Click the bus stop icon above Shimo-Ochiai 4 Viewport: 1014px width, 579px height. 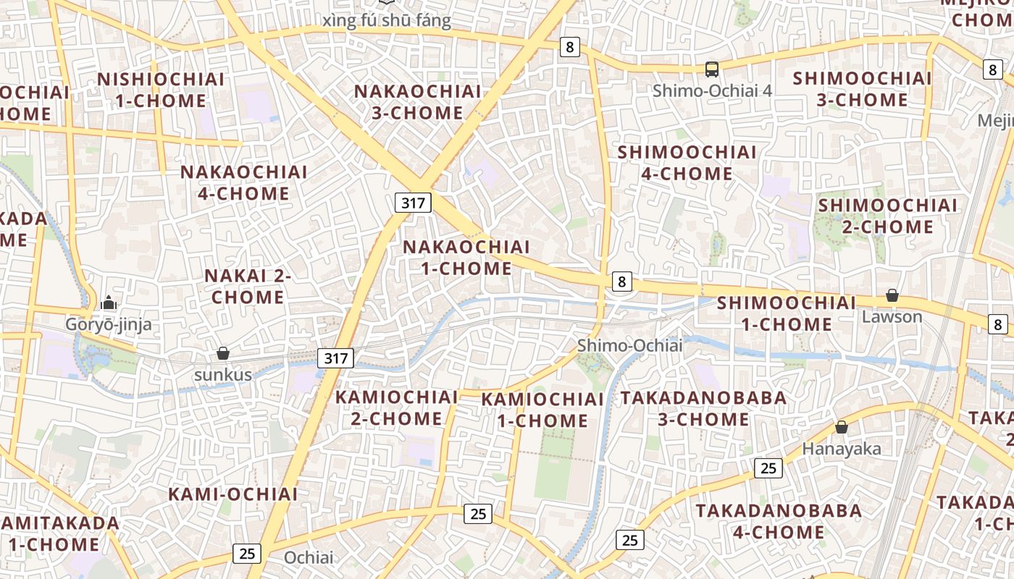click(712, 69)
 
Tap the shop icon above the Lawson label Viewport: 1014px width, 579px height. click(892, 295)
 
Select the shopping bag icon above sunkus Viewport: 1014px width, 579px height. click(223, 353)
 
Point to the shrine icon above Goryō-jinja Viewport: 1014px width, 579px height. click(109, 302)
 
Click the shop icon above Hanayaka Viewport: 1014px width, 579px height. click(842, 427)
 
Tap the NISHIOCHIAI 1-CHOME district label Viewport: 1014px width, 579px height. click(161, 90)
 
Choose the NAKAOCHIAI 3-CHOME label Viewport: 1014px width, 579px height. click(418, 102)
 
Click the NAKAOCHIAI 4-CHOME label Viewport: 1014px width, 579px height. click(243, 182)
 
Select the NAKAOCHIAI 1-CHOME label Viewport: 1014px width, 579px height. click(466, 257)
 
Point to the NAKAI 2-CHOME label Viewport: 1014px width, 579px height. click(248, 286)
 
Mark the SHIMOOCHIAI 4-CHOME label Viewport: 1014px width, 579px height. click(687, 163)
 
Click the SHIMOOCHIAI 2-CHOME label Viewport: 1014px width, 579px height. click(887, 216)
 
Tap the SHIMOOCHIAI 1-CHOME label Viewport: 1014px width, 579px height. click(787, 313)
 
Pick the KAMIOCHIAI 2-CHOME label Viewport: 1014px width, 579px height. click(396, 407)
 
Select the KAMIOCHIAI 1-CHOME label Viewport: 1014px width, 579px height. click(542, 410)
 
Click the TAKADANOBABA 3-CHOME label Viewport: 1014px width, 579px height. click(703, 408)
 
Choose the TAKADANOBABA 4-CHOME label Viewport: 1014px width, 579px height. click(779, 521)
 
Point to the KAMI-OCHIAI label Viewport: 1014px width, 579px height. click(232, 494)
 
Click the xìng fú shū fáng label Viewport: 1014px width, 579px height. click(386, 20)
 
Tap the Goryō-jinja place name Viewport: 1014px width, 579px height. click(109, 324)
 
